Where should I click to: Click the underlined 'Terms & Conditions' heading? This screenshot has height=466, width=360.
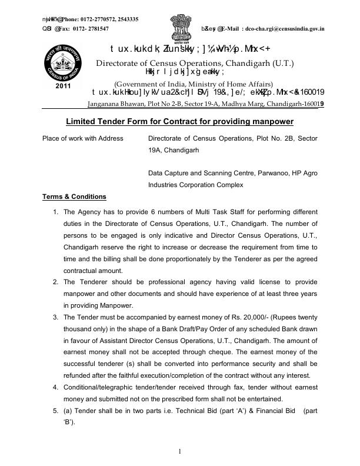(74, 197)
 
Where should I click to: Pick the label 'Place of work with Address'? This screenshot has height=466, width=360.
(83, 138)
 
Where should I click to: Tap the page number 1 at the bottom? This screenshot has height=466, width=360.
(180, 451)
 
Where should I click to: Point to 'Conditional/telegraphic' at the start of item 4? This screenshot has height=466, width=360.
(98, 387)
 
